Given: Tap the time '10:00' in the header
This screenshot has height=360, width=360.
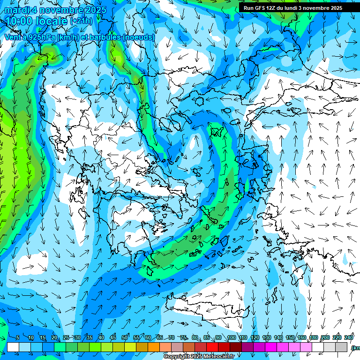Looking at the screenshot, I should click(18, 21).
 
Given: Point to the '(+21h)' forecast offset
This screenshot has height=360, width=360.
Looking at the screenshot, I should click(81, 21).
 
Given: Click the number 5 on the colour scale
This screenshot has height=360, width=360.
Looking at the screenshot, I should click(17, 337).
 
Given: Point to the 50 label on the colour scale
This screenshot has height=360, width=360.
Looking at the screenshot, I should click(125, 337).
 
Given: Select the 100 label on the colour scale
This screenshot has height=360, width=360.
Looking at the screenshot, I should click(231, 337).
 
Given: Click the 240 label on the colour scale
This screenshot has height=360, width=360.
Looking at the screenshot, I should click(349, 337).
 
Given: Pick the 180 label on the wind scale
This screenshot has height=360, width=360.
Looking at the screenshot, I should click(313, 337).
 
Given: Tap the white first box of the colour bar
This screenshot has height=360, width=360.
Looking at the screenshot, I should click(13, 347).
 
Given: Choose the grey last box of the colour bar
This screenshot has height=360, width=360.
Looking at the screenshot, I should click(342, 347).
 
